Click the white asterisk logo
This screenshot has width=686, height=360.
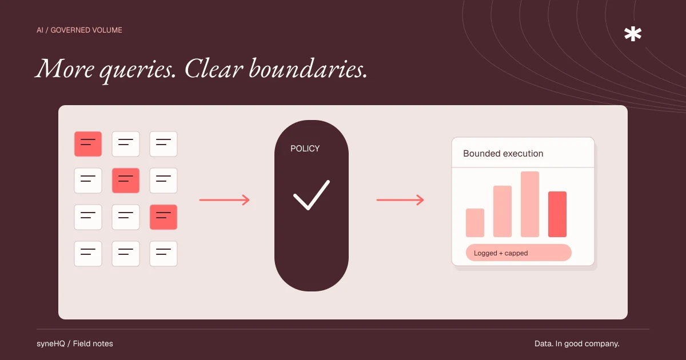[x=633, y=34]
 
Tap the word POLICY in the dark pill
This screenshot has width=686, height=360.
[x=305, y=149]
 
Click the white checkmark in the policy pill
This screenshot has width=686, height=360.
[x=312, y=195]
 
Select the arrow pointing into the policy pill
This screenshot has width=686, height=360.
[x=225, y=200]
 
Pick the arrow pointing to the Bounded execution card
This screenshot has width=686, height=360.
[x=400, y=200]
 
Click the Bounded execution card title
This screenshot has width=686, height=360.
[x=503, y=153]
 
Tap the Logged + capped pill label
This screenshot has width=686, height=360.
[x=501, y=253]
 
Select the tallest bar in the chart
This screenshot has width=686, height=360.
[x=530, y=204]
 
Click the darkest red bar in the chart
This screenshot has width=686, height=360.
[x=557, y=214]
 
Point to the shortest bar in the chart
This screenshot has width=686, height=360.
[x=475, y=223]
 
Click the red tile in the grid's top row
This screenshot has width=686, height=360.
[x=88, y=144]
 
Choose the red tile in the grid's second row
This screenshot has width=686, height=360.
[x=126, y=181]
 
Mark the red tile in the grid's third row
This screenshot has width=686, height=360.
[x=163, y=217]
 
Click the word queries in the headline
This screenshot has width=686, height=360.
[x=138, y=71]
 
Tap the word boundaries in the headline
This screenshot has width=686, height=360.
[x=308, y=69]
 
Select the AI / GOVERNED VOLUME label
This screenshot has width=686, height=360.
[x=79, y=30]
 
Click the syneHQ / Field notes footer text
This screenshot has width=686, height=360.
[x=75, y=344]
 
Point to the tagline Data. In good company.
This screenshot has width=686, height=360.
[x=577, y=344]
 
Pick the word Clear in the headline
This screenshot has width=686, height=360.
[x=214, y=69]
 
